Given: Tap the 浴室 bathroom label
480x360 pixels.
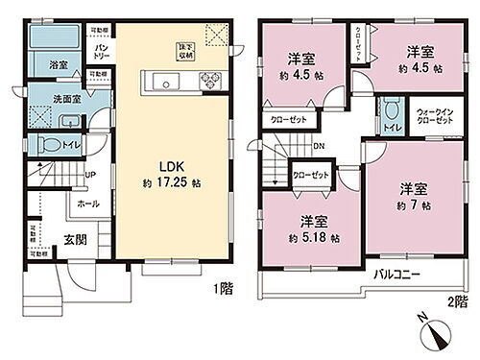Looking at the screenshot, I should [x=59, y=65].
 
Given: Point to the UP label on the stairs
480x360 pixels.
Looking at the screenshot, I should [x=89, y=175].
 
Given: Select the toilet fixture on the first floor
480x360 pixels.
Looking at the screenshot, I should [x=54, y=145].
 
